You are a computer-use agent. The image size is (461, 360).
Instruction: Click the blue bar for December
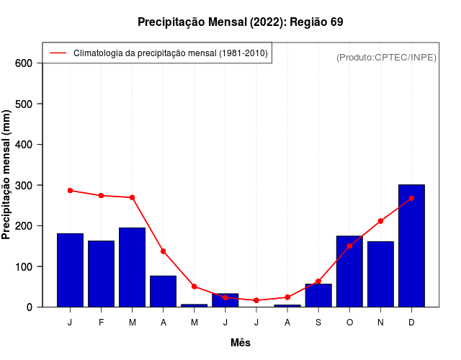411,246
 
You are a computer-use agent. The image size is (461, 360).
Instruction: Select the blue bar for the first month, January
70,270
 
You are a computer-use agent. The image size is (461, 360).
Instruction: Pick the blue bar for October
349,271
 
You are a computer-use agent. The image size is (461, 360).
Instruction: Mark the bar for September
318,295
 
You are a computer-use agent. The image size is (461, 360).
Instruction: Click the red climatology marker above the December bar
411,198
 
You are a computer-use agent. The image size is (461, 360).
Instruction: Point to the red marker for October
349,246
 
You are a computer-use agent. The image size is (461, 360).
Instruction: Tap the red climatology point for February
101,196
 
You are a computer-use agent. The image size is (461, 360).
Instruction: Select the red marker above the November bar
380,221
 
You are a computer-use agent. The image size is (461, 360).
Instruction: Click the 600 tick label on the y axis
24,63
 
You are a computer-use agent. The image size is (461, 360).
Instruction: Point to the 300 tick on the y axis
24,185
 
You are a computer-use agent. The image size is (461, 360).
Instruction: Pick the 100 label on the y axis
24,266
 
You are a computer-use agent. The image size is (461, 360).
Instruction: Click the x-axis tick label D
411,323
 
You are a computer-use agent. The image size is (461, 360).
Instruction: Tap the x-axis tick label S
318,323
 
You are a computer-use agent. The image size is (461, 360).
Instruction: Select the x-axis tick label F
101,323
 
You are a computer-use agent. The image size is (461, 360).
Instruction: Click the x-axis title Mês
241,343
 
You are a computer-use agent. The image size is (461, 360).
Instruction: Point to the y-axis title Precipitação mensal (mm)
7,174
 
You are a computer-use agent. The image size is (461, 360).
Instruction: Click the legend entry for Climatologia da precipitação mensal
170,53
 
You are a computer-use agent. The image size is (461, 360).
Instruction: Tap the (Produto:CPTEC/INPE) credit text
386,57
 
